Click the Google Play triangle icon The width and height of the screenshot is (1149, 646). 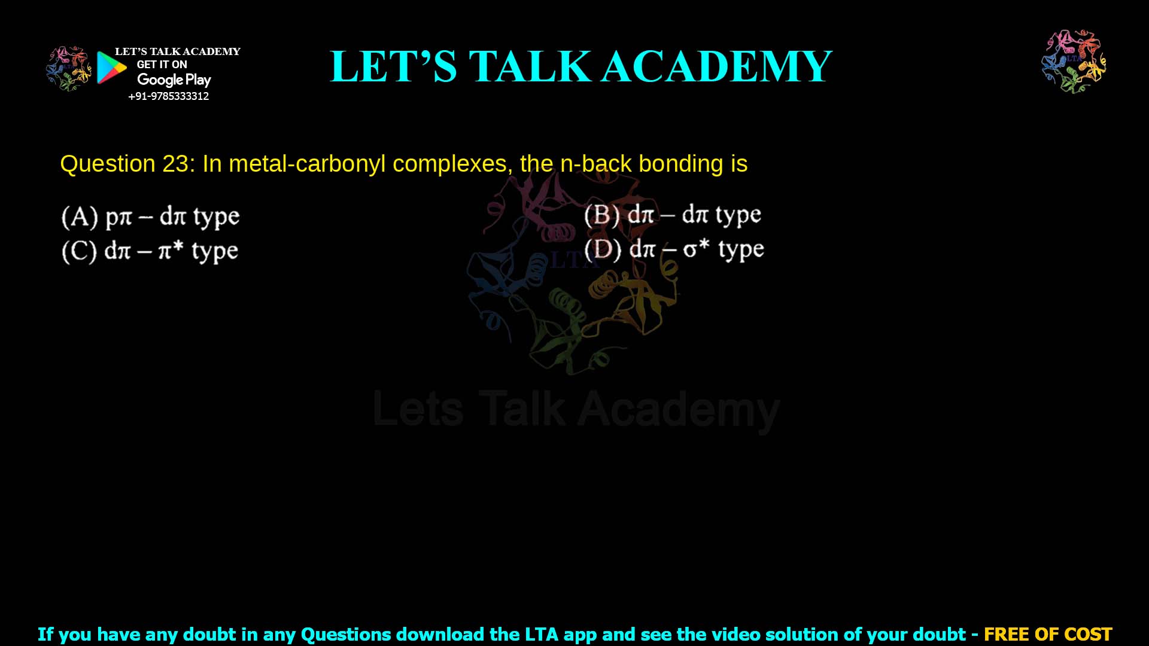[x=111, y=68]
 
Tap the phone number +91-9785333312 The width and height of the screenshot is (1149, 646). [x=169, y=96]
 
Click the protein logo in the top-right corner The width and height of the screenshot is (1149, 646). [x=1074, y=61]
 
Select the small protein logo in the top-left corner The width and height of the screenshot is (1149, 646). [x=68, y=68]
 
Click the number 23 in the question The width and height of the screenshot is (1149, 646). [x=175, y=164]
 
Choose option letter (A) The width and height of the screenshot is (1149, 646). [x=80, y=217]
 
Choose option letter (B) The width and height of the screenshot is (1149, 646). [x=602, y=215]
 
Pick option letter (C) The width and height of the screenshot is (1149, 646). [x=79, y=251]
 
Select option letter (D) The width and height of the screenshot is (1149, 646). [x=603, y=249]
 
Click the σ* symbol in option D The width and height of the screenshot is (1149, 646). [x=696, y=248]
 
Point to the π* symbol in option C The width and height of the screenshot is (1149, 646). [x=171, y=250]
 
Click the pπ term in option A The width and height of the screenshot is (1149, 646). [x=118, y=217]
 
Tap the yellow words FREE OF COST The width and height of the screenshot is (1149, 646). [x=1048, y=634]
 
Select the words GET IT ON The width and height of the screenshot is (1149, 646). [x=162, y=65]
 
